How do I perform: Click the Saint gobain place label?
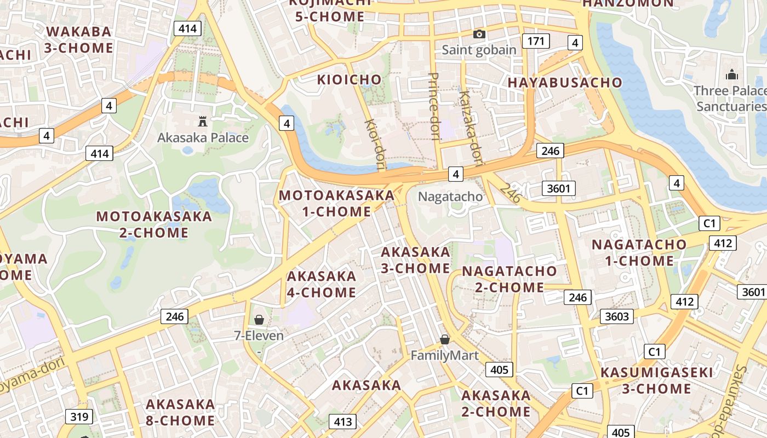click(x=479, y=50)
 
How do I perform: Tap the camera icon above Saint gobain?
click(x=479, y=34)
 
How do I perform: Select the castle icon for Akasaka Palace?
click(x=203, y=121)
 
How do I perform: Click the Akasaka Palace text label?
click(x=203, y=137)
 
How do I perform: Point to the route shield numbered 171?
click(x=536, y=41)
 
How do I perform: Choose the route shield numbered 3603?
click(x=617, y=316)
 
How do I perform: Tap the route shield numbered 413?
click(x=342, y=422)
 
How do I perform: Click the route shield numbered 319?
click(x=79, y=417)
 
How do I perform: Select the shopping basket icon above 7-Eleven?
click(x=259, y=319)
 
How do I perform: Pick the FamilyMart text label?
click(x=445, y=355)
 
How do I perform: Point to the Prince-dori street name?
click(x=434, y=106)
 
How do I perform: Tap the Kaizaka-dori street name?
click(x=471, y=127)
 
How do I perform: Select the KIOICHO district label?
click(x=349, y=80)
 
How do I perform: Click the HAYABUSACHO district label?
click(x=565, y=83)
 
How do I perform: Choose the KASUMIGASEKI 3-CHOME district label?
click(x=657, y=381)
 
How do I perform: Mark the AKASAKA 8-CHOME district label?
click(x=180, y=412)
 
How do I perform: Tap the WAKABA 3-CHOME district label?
click(x=79, y=39)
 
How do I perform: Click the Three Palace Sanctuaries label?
click(x=730, y=98)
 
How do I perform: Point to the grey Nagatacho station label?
click(x=450, y=197)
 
